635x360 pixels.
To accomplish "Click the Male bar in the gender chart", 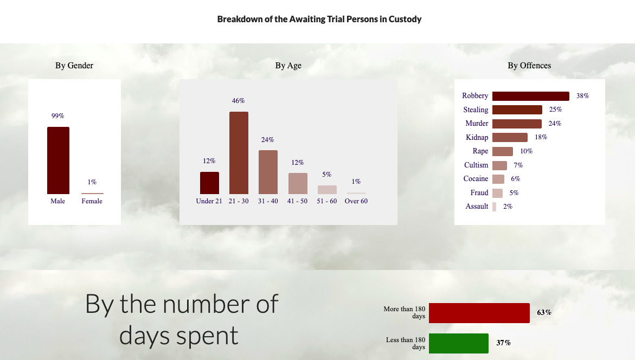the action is pyautogui.click(x=59, y=160).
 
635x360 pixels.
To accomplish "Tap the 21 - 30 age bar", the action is pyautogui.click(x=239, y=153).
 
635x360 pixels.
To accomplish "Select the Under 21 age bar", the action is pyautogui.click(x=209, y=183).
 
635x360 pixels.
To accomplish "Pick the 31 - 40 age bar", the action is pyautogui.click(x=268, y=172).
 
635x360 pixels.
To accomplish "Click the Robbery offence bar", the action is pyautogui.click(x=531, y=96).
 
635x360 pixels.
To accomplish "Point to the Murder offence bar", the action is pyautogui.click(x=517, y=124).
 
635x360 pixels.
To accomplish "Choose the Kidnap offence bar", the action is pyautogui.click(x=510, y=137).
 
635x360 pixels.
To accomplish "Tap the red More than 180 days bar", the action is pyautogui.click(x=479, y=313).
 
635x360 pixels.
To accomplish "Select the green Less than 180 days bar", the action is pyautogui.click(x=459, y=343).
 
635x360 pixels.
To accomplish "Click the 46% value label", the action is pyautogui.click(x=239, y=101).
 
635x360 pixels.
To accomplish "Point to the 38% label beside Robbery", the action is pyautogui.click(x=583, y=96).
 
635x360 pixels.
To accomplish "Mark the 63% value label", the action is pyautogui.click(x=544, y=313).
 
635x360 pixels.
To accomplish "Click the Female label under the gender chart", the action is pyautogui.click(x=92, y=201).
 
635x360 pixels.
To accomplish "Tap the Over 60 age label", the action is pyautogui.click(x=356, y=201).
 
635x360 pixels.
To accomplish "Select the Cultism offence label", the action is pyautogui.click(x=476, y=165).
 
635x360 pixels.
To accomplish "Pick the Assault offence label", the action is pyautogui.click(x=477, y=207).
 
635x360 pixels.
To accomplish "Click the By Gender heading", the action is pyautogui.click(x=74, y=66).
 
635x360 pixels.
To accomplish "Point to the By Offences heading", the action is pyautogui.click(x=529, y=66).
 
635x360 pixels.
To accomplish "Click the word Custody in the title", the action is pyautogui.click(x=405, y=20).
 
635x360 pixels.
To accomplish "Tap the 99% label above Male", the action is pyautogui.click(x=58, y=116).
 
